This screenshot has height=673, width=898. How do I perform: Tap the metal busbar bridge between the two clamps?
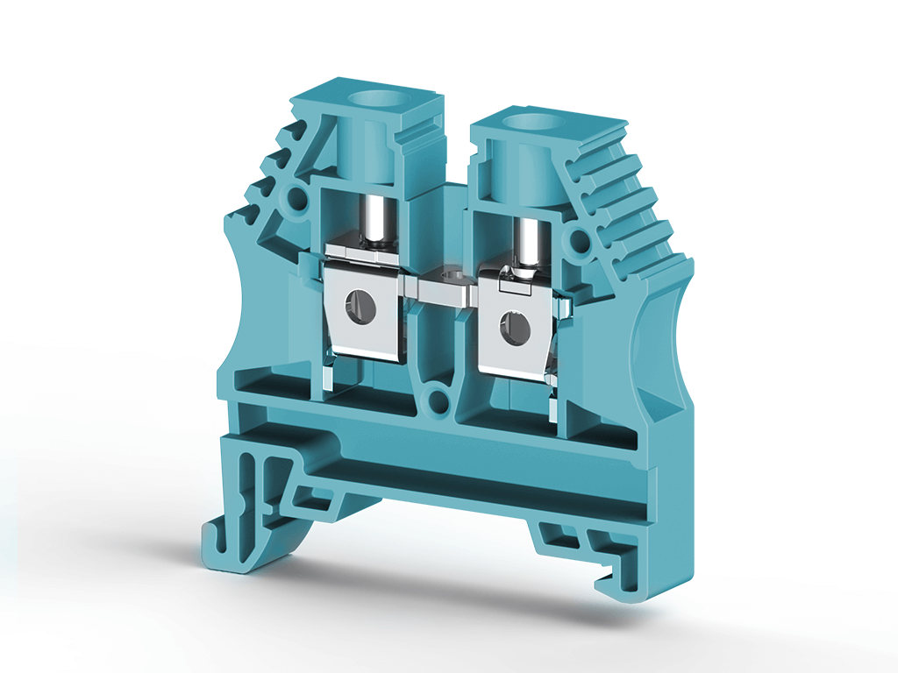pos(446,286)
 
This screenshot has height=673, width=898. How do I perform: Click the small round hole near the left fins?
pos(297,198)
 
